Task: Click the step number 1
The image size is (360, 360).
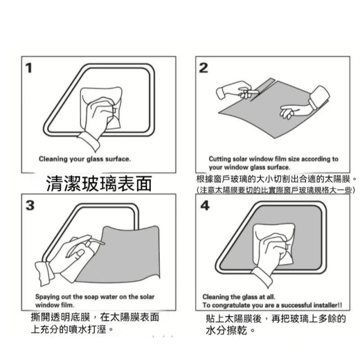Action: click(29, 68)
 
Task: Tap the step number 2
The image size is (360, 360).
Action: click(204, 68)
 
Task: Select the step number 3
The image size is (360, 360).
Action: click(30, 205)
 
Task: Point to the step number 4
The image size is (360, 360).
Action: click(205, 205)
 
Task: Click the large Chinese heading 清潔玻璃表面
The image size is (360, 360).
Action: click(99, 184)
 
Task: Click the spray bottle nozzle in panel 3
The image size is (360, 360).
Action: click(97, 241)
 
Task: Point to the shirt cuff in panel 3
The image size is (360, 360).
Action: click(44, 273)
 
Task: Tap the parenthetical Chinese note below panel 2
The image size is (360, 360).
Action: click(276, 190)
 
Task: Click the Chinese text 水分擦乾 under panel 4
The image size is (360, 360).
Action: click(226, 331)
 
